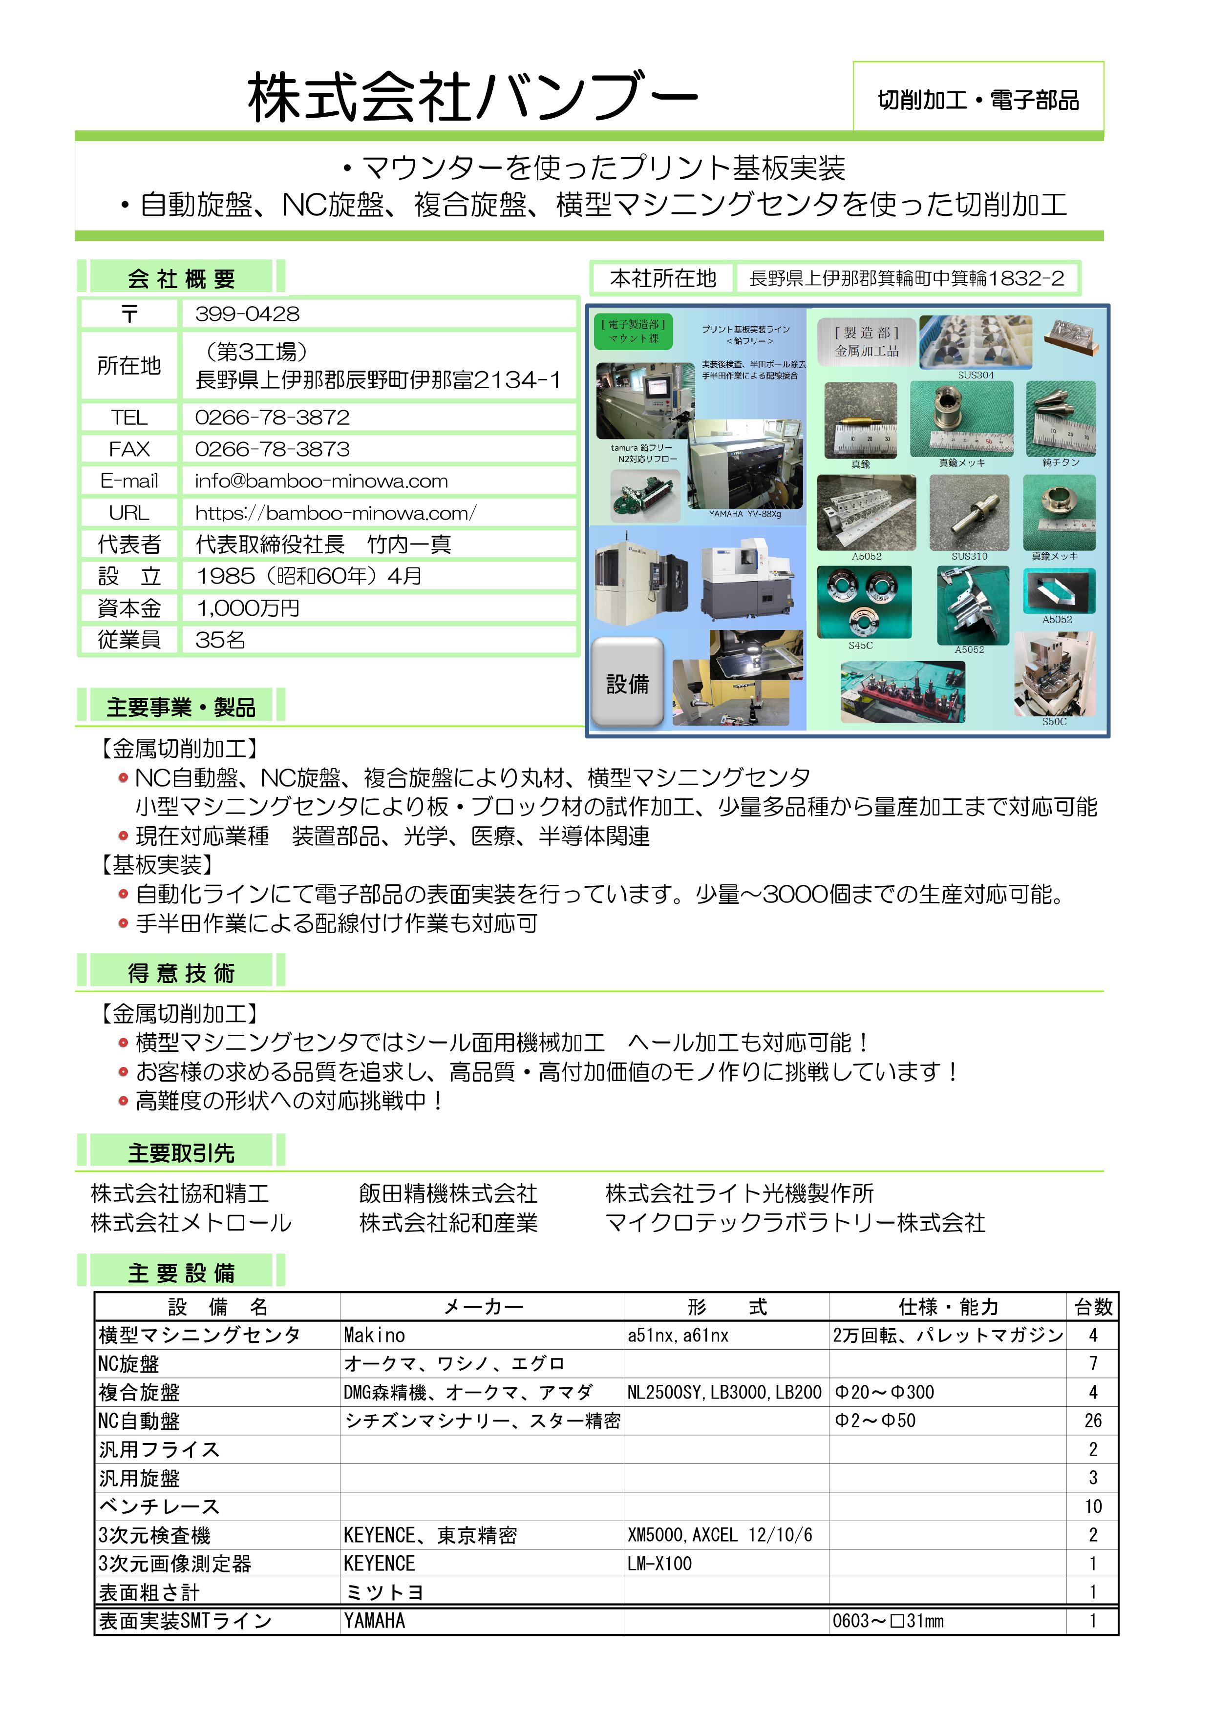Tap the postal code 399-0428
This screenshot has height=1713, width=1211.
click(x=247, y=314)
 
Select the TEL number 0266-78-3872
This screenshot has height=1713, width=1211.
click(x=273, y=417)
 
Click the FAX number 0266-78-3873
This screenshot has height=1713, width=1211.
click(x=273, y=449)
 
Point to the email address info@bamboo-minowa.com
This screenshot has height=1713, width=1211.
click(x=321, y=481)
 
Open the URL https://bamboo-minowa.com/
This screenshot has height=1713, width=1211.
click(x=336, y=513)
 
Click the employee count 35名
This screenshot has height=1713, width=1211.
click(x=220, y=639)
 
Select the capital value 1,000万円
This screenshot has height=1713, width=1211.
click(x=248, y=608)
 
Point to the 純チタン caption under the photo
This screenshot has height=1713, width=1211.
click(x=1060, y=462)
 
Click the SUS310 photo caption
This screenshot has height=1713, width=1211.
click(x=969, y=556)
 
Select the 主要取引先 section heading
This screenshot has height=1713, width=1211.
click(x=181, y=1153)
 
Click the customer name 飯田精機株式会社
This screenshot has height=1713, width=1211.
click(x=447, y=1194)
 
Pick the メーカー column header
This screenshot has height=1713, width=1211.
click(x=483, y=1306)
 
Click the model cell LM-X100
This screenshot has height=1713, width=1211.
click(x=659, y=1564)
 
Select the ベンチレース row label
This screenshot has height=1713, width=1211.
click(x=159, y=1506)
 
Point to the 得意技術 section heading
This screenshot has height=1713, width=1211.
click(x=181, y=973)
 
